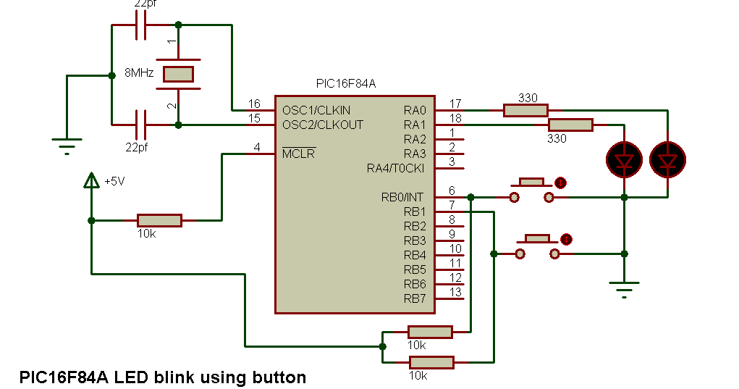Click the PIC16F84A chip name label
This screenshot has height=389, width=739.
point(346,83)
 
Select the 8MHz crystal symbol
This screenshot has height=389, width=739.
point(178,74)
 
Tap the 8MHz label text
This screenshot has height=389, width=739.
point(138,72)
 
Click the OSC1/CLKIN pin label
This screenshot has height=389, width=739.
point(316,110)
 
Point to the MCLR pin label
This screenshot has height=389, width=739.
point(298,154)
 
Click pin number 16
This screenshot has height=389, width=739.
point(253,104)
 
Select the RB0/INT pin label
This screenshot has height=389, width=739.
point(402,197)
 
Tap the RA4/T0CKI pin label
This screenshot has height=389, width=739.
point(396,168)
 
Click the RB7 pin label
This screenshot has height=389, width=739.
point(415,298)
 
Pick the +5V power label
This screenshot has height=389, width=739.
point(115,182)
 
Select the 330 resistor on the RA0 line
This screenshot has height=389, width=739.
point(525,110)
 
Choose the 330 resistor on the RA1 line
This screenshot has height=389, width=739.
point(570,125)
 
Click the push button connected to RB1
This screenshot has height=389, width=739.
point(537,246)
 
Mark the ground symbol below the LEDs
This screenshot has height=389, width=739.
point(624,290)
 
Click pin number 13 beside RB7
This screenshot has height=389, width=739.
point(455,293)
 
